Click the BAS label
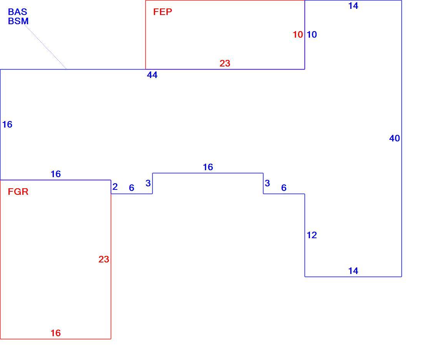(18, 12)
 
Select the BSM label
(18, 21)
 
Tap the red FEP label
(162, 12)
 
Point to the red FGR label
(18, 192)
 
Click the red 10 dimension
(298, 35)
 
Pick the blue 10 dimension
(312, 35)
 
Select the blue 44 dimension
(152, 75)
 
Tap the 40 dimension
(395, 138)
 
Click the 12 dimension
(312, 235)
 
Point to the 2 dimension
(115, 186)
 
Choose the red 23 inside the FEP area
(225, 63)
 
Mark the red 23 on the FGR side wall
(103, 259)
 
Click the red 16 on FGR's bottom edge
(56, 333)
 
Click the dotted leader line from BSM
(46, 47)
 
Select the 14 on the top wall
(353, 6)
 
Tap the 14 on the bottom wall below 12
(353, 271)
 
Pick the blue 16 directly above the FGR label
(56, 174)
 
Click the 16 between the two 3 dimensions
(208, 167)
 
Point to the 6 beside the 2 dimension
(132, 188)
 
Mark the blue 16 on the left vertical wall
(7, 124)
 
